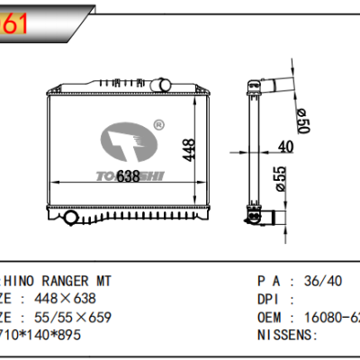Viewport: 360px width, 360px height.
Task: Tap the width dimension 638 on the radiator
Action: tap(128, 177)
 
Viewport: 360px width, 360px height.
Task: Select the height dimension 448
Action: tap(188, 149)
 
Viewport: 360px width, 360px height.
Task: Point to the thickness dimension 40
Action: tap(285, 147)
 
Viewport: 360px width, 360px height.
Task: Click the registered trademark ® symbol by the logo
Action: tap(157, 123)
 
